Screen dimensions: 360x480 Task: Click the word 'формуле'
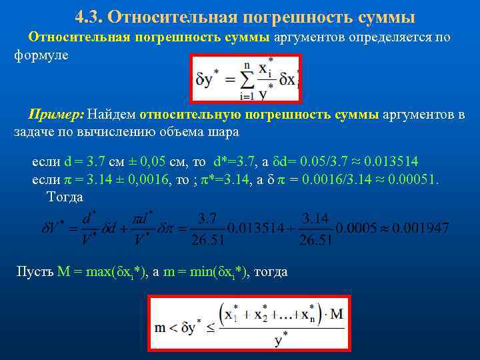[41, 57]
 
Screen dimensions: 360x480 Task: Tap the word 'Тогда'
[65, 197]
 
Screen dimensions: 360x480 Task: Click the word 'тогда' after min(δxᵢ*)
[271, 271]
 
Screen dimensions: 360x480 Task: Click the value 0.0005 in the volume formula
[351, 228]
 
